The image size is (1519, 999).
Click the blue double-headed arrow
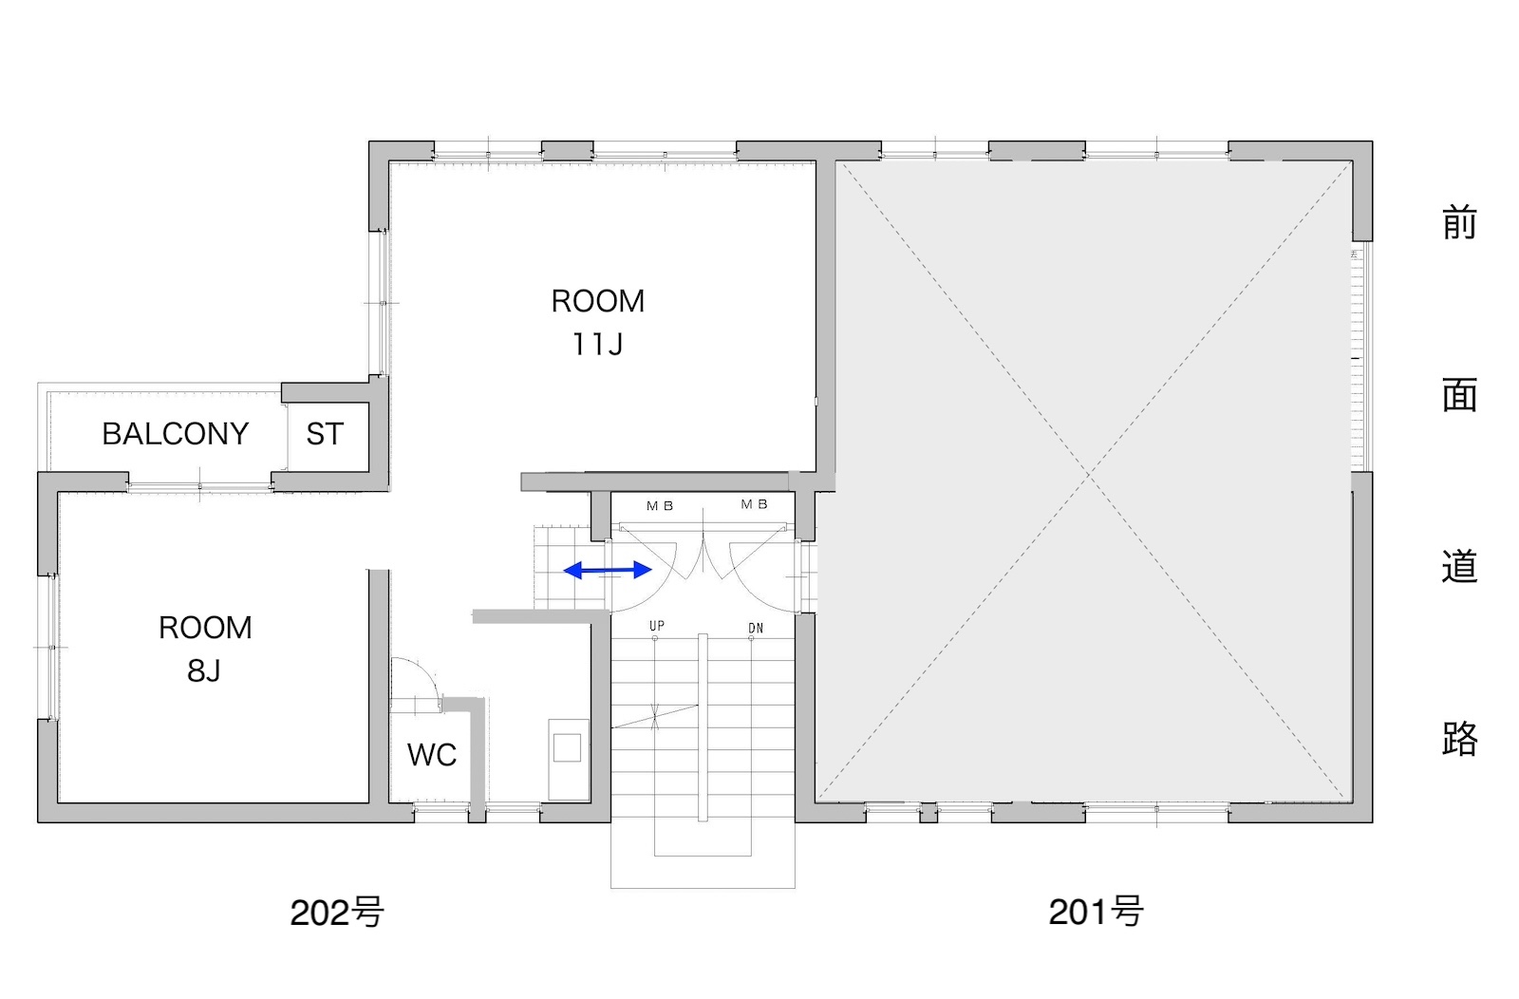[608, 571]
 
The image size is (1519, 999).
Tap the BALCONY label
[176, 434]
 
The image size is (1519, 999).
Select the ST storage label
[325, 434]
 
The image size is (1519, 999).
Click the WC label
[432, 755]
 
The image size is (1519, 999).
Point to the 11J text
[597, 345]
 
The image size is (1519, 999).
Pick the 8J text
[204, 670]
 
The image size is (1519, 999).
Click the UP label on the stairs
[656, 626]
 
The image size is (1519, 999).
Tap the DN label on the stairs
[756, 629]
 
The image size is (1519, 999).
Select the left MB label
[660, 506]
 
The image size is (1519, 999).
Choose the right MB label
[754, 504]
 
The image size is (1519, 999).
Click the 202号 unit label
[337, 913]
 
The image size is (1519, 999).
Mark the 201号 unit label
[1096, 912]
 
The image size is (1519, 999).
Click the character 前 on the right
[1459, 223]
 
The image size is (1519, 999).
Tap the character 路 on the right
[1459, 739]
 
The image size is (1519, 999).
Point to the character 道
[1459, 566]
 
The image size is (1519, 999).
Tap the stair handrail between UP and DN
[703, 727]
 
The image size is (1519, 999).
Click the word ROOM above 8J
[205, 628]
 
